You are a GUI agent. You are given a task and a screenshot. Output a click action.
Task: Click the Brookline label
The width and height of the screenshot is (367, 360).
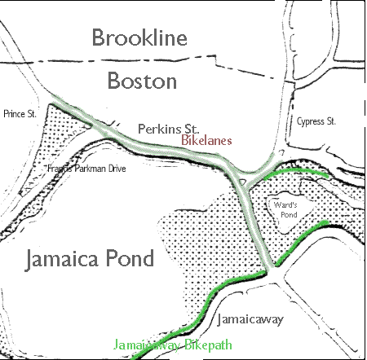click(139, 37)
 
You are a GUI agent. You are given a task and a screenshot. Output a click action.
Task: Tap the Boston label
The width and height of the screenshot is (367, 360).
click(140, 81)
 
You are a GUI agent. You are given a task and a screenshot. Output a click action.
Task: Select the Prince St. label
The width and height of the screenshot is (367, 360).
click(20, 114)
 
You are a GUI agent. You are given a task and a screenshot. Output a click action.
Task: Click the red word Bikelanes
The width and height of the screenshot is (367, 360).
click(207, 141)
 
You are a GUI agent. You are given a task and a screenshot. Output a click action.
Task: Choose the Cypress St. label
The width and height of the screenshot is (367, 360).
click(315, 121)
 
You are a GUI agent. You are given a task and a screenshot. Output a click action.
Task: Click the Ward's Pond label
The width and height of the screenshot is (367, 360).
click(289, 209)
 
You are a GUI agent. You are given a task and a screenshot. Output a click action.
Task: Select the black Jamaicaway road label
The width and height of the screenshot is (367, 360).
click(250, 319)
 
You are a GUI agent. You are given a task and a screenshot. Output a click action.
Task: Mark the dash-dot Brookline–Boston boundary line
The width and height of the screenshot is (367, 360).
click(163, 59)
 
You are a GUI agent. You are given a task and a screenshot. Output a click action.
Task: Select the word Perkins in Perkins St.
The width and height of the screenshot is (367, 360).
click(156, 128)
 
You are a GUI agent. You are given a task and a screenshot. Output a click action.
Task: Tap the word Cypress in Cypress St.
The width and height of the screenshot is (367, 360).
click(308, 121)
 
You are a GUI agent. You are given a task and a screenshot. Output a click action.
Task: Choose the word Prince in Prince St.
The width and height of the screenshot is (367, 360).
click(15, 114)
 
